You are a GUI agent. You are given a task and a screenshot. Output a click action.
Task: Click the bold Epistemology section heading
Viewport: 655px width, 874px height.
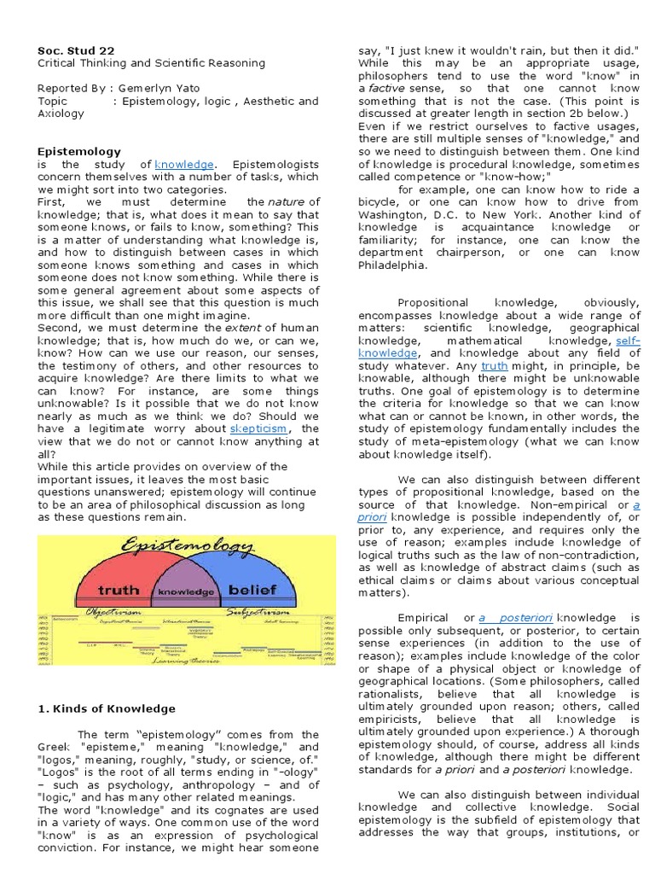pyautogui.click(x=79, y=151)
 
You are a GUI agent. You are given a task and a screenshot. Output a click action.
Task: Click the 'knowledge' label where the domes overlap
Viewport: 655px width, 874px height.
pyautogui.click(x=186, y=591)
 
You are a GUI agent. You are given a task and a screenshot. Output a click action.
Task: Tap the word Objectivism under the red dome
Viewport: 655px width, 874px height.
pyautogui.click(x=117, y=611)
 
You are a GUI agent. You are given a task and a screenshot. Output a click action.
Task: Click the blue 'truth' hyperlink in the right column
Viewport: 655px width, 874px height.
pyautogui.click(x=494, y=365)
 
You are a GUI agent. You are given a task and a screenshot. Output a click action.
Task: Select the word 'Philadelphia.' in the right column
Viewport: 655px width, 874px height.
pyautogui.click(x=395, y=265)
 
